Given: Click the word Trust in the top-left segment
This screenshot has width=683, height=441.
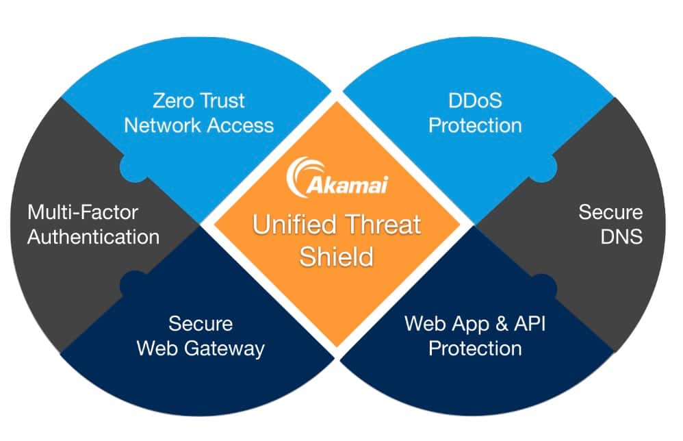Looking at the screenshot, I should coord(223,101).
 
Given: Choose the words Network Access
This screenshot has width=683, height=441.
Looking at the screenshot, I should coord(199,125).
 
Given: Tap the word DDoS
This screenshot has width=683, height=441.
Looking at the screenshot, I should coord(475,101).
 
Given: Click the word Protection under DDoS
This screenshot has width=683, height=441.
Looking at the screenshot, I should coord(475,125).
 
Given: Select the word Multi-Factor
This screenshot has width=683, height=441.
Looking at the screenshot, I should coord(83,212).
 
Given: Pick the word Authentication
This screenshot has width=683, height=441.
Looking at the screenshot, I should coord(93,237).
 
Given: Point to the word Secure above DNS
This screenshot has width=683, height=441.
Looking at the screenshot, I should coord(611,212).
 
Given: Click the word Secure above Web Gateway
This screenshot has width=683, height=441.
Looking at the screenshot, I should coord(201,323).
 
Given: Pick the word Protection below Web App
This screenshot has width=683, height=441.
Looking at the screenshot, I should coord(475,348).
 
